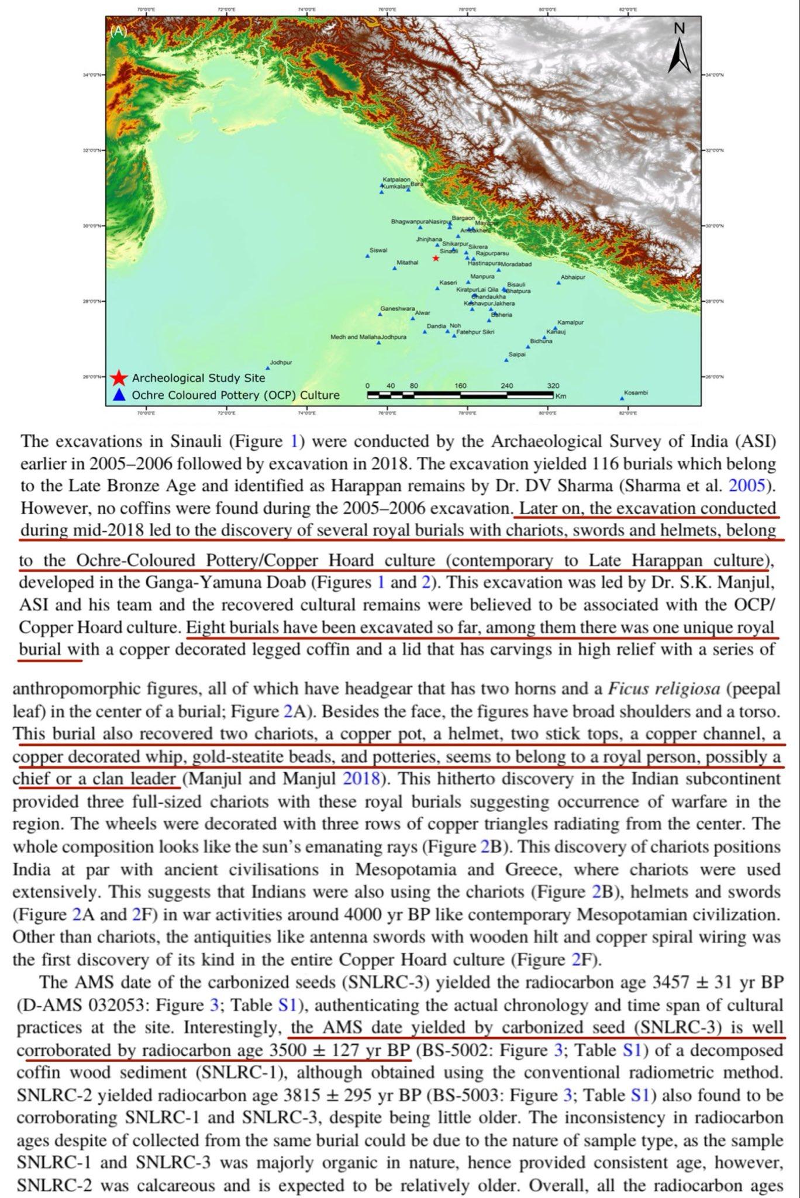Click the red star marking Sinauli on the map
[436, 258]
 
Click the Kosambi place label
[636, 393]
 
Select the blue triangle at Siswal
[368, 256]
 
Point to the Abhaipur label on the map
[573, 277]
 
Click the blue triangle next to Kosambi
[622, 398]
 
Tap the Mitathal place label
[408, 263]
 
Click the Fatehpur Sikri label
[475, 332]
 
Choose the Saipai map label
[516, 354]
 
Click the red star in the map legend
[119, 378]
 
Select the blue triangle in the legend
[119, 395]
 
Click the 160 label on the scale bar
[460, 386]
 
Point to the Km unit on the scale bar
[561, 396]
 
